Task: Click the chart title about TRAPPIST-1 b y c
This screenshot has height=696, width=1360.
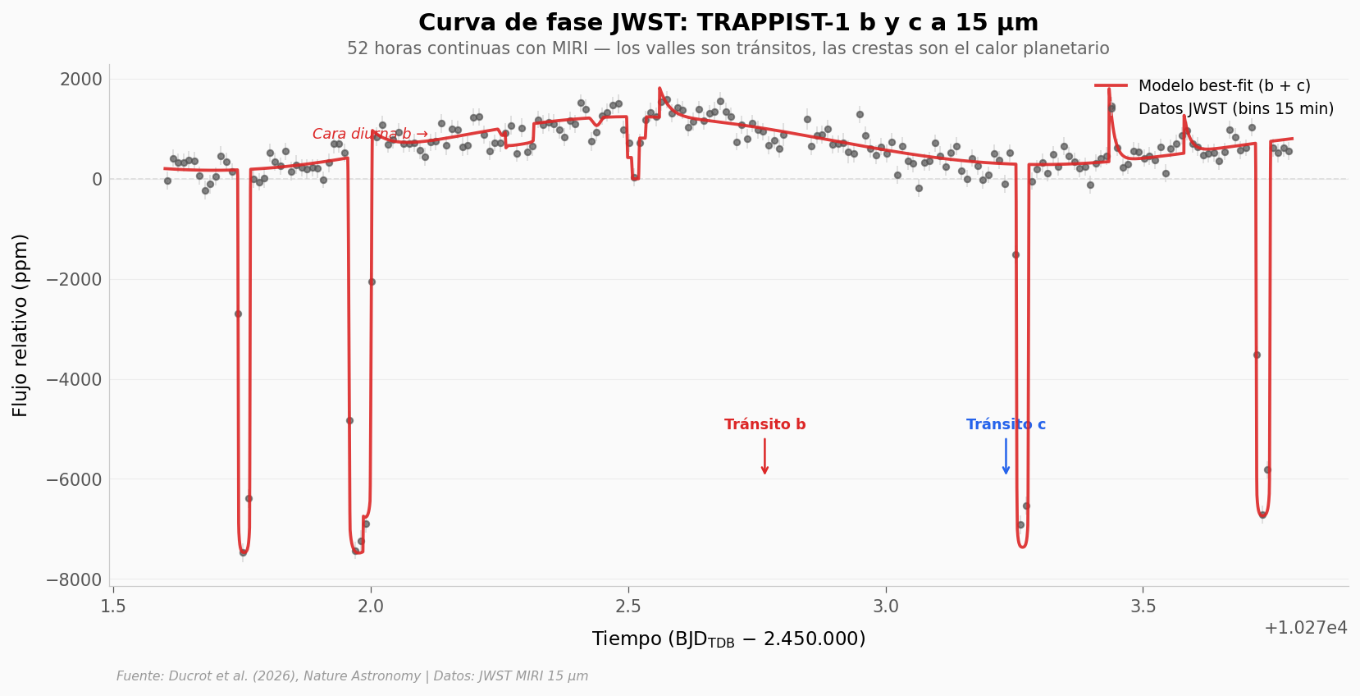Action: pos(728,23)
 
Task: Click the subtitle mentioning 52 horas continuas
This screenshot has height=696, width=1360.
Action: pos(728,48)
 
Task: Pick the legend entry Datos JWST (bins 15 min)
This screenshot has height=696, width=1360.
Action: pos(1235,109)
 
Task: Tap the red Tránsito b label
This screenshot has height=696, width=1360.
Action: pos(764,425)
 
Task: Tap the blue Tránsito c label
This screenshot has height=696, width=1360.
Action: pos(1006,425)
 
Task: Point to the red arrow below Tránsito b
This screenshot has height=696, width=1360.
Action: pos(764,456)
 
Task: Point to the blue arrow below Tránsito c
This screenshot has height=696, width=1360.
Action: pos(1006,456)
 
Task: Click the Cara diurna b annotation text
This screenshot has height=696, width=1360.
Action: pos(369,134)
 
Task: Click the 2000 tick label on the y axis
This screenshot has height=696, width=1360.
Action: pos(80,80)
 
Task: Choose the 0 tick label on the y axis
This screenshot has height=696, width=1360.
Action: pos(97,180)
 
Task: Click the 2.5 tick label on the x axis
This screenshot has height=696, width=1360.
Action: pos(628,607)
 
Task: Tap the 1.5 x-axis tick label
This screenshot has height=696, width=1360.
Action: pos(113,607)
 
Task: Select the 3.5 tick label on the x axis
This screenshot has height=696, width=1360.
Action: pos(1143,607)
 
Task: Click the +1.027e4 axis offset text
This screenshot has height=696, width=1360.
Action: pos(1306,629)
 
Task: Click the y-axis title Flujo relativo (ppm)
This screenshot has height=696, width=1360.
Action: pos(21,325)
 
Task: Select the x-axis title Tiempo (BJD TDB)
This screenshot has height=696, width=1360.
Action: pos(728,639)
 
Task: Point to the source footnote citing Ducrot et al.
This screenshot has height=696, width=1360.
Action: pos(352,676)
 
